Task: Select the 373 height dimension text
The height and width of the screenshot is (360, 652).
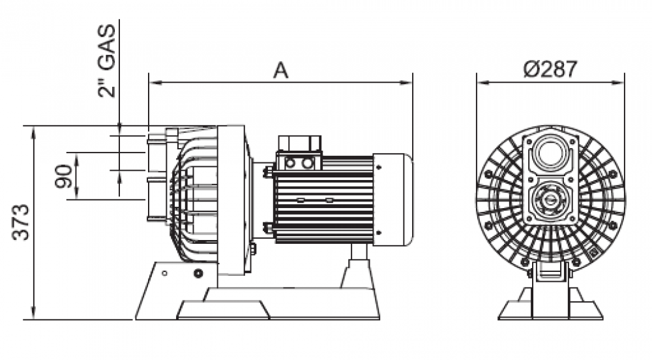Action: pos(21,222)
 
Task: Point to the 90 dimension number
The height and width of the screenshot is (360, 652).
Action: pos(63,176)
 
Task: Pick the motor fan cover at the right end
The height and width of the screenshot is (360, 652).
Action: pos(393,200)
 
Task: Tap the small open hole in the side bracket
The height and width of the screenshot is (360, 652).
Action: pos(164,273)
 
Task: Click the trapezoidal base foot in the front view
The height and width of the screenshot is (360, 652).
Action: pos(550,307)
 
